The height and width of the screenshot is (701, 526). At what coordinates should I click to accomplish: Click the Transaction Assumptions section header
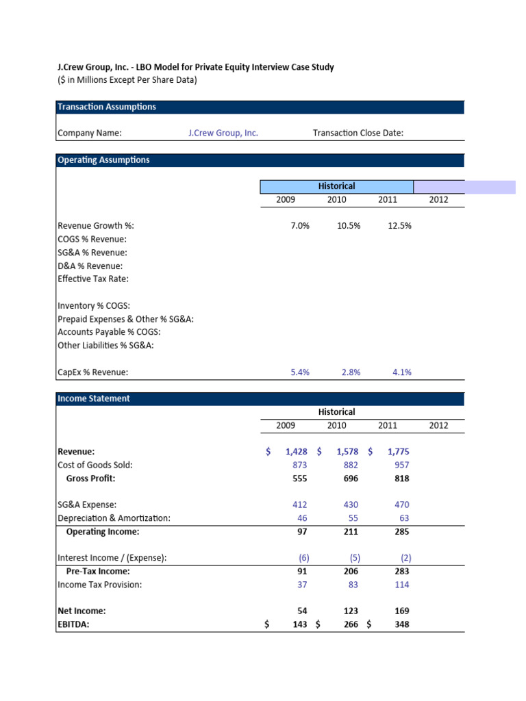[x=107, y=107]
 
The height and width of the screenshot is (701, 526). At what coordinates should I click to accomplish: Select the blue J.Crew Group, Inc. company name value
[x=223, y=133]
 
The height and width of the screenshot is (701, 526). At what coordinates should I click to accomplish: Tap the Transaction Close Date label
[x=358, y=133]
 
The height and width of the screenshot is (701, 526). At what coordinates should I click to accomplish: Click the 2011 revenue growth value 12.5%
[x=399, y=226]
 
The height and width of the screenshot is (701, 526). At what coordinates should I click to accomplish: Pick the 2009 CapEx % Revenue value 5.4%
[x=300, y=372]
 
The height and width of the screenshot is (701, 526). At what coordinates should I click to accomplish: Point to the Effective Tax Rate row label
[x=93, y=279]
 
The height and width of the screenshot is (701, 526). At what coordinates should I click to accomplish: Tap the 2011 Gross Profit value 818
[x=401, y=479]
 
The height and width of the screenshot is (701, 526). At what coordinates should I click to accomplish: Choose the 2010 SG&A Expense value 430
[x=349, y=505]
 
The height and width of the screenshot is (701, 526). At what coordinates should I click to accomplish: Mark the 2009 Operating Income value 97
[x=301, y=531]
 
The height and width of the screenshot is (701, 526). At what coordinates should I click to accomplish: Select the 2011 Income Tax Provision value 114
[x=401, y=585]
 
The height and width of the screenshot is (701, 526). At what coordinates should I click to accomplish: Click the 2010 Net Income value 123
[x=349, y=611]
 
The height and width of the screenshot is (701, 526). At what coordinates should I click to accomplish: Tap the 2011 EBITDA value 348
[x=401, y=624]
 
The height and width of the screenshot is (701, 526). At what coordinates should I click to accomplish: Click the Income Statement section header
[x=94, y=398]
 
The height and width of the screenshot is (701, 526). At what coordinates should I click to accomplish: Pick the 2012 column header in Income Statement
[x=438, y=425]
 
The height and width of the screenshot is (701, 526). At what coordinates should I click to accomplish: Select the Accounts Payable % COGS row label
[x=110, y=332]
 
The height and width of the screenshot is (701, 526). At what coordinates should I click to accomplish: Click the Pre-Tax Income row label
[x=98, y=571]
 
